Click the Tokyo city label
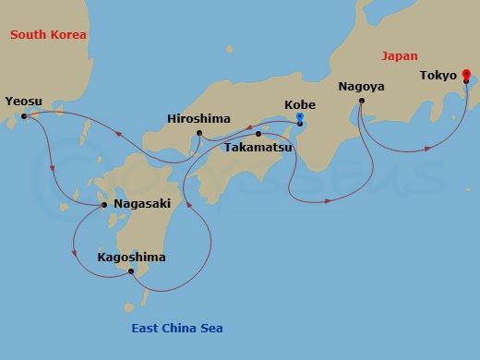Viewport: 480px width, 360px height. click(438, 75)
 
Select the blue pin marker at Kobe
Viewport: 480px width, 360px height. click(300, 118)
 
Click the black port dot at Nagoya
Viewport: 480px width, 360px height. click(361, 100)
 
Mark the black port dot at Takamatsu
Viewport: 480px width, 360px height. click(258, 134)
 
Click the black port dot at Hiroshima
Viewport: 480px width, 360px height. click(198, 134)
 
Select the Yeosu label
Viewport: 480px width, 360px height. click(23, 101)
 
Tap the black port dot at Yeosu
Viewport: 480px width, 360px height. click(24, 116)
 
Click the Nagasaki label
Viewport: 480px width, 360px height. click(142, 205)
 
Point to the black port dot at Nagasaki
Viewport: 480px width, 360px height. click(104, 205)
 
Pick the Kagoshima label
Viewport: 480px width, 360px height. click(131, 257)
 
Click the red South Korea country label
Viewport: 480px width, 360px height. click(48, 34)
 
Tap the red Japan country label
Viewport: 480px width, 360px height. click(399, 55)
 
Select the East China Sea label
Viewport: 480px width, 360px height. click(175, 328)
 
